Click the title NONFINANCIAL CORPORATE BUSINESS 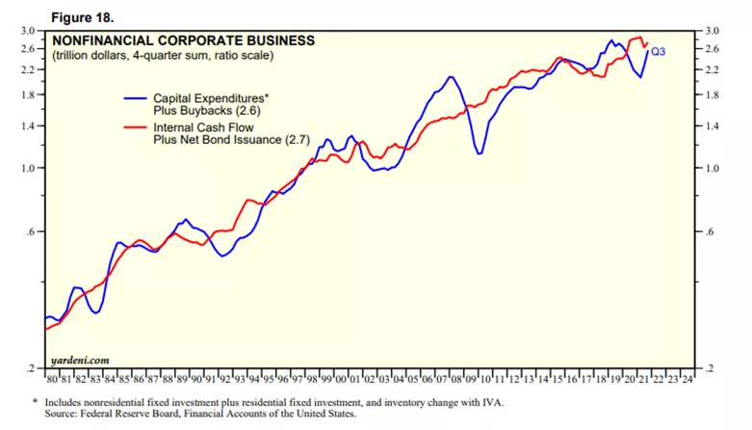pyautogui.click(x=183, y=40)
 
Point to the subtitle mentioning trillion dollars pyautogui.click(x=163, y=56)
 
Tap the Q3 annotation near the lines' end pyautogui.click(x=660, y=51)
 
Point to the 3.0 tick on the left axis pyautogui.click(x=28, y=31)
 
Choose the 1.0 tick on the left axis pyautogui.click(x=28, y=168)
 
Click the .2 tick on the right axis pyautogui.click(x=713, y=368)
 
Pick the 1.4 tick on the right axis pyautogui.click(x=713, y=125)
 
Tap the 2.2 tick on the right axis pyautogui.click(x=713, y=69)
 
